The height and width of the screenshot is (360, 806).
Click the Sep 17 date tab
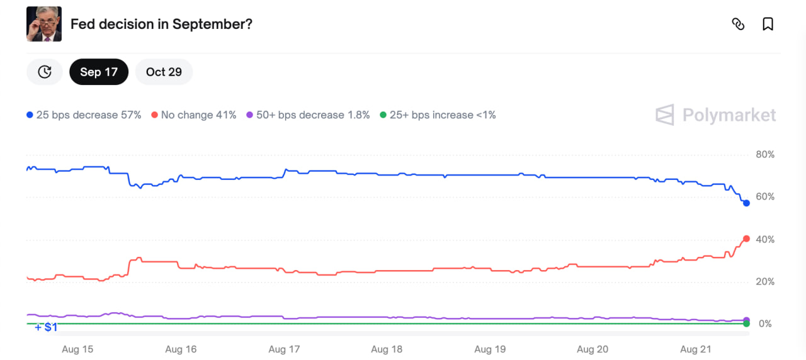pos(99,72)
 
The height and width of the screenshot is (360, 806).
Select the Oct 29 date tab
pos(164,72)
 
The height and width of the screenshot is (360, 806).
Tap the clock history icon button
pos(44,72)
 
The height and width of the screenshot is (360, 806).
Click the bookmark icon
pos(768,24)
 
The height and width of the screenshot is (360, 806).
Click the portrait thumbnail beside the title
pos(44,24)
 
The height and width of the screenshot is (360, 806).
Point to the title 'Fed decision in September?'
pos(161,24)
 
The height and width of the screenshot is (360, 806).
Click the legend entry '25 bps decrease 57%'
pos(84,115)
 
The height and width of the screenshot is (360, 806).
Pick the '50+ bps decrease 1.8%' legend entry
pos(308,115)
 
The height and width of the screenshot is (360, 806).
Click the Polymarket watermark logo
pos(716,115)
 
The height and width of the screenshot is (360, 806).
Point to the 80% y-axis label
pos(765,155)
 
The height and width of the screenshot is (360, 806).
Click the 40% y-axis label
pos(765,240)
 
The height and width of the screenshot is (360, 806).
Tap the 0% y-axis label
pos(765,324)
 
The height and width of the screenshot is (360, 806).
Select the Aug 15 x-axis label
pos(77,349)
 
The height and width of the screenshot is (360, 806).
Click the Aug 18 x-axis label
pos(387,349)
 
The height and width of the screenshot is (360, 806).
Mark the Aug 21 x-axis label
pos(696,349)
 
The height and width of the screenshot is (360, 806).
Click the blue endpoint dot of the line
pos(746,203)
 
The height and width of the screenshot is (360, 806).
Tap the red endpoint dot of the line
pos(746,239)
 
